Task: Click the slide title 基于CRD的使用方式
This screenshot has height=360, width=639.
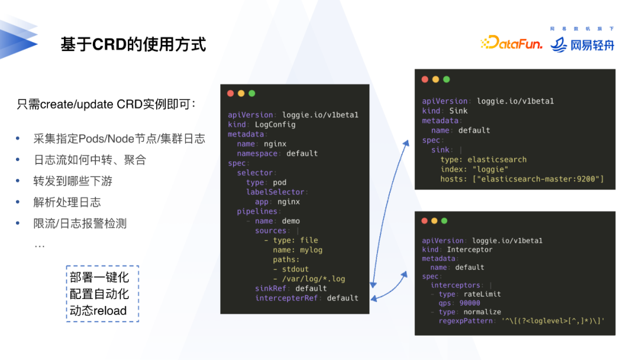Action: tap(133, 44)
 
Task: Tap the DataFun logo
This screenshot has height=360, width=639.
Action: tap(511, 43)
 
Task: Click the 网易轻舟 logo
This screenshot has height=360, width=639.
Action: tap(582, 44)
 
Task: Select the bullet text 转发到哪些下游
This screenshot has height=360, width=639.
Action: tap(72, 181)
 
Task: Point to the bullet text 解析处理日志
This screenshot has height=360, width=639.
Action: tap(67, 202)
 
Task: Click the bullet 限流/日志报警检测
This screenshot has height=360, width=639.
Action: tap(80, 224)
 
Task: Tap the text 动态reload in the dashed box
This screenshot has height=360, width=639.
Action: tap(98, 310)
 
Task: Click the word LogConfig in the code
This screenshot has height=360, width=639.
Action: tap(275, 124)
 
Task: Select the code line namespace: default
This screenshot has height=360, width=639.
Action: tap(277, 153)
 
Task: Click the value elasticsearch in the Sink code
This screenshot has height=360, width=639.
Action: tap(496, 159)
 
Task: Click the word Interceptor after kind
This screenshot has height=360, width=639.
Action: tap(469, 249)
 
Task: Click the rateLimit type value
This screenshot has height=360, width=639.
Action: tap(483, 294)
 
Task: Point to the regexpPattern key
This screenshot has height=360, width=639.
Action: tap(465, 321)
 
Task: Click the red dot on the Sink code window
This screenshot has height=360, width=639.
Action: tap(425, 79)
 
